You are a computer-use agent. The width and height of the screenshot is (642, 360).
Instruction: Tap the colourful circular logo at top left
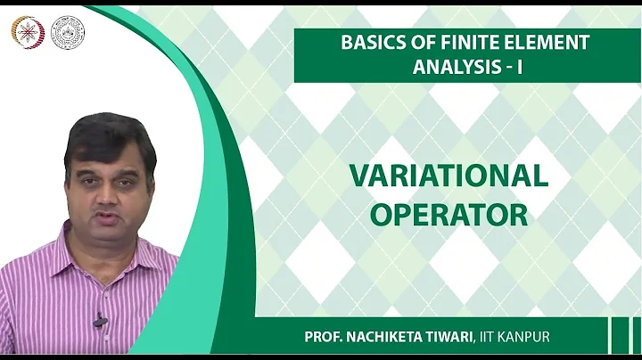coord(26,31)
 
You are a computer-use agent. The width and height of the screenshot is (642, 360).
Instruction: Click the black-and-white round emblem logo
coord(68,32)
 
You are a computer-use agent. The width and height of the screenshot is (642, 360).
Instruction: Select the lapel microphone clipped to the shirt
coord(100,319)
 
